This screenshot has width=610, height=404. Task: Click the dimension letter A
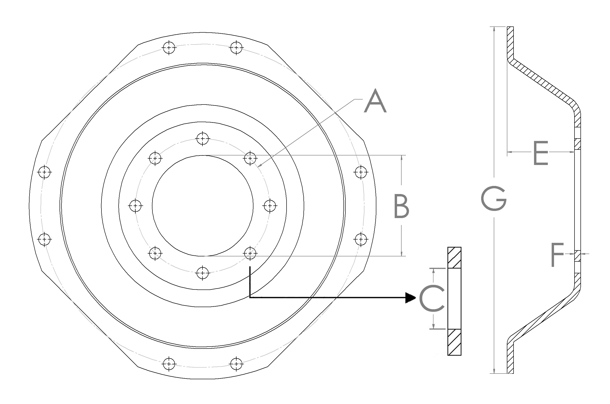pyautogui.click(x=375, y=101)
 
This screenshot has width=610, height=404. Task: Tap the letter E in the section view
pyautogui.click(x=541, y=153)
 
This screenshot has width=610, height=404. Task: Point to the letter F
pyautogui.click(x=557, y=255)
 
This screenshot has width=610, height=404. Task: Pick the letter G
pyautogui.click(x=494, y=198)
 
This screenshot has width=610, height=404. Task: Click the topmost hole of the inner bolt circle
pyautogui.click(x=202, y=139)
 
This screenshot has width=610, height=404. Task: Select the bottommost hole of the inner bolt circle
pyautogui.click(x=202, y=273)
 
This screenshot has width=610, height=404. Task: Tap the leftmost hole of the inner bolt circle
pyautogui.click(x=135, y=206)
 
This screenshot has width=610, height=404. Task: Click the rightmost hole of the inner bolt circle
pyautogui.click(x=270, y=206)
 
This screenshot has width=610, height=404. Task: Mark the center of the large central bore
pyautogui.click(x=202, y=206)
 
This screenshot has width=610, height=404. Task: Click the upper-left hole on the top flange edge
pyautogui.click(x=169, y=47)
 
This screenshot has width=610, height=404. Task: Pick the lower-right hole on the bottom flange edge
pyautogui.click(x=236, y=364)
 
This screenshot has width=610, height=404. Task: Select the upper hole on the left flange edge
pyautogui.click(x=44, y=172)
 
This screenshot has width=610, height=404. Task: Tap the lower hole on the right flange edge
pyautogui.click(x=361, y=239)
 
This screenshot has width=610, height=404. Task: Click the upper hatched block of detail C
pyautogui.click(x=454, y=258)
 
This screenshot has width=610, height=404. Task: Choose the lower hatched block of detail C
pyautogui.click(x=454, y=342)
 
